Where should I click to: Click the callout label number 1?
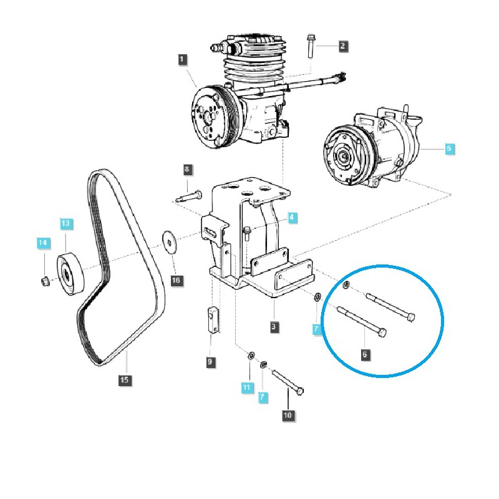click(x=182, y=59)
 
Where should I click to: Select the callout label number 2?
click(x=342, y=46)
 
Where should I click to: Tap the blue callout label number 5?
click(x=448, y=148)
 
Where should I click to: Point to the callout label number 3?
click(x=274, y=326)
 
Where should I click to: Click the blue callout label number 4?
click(x=292, y=218)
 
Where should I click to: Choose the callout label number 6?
click(x=365, y=354)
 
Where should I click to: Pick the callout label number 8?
click(x=187, y=169)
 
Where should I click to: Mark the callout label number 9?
click(x=210, y=362)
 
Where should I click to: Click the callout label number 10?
click(x=288, y=415)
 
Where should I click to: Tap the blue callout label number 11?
click(x=246, y=387)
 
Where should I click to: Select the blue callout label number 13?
click(x=65, y=223)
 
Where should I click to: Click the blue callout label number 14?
click(x=42, y=243)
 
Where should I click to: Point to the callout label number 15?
click(x=124, y=380)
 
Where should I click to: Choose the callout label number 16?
click(x=176, y=281)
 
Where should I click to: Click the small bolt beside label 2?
click(x=311, y=46)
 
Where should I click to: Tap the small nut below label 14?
click(x=44, y=281)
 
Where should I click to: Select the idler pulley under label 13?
click(x=71, y=274)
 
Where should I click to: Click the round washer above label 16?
click(x=169, y=243)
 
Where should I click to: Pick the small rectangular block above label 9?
click(x=213, y=319)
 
